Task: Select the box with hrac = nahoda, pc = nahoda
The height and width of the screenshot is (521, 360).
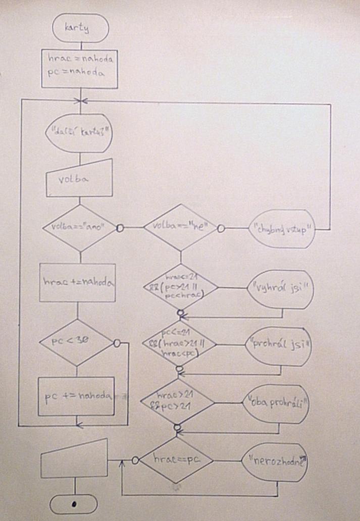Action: [80, 66]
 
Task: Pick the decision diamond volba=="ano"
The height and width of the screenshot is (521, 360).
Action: [77, 228]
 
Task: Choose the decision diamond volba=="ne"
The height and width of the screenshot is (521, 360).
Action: [180, 228]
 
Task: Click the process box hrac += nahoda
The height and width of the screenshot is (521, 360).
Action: [77, 283]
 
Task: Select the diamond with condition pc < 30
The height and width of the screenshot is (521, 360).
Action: [76, 342]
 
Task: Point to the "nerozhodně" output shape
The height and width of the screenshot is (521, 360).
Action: [275, 461]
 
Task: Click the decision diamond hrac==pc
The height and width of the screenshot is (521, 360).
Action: [176, 460]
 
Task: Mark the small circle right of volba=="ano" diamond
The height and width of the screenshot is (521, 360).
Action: [120, 228]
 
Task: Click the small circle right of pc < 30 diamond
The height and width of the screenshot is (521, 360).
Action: [117, 343]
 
